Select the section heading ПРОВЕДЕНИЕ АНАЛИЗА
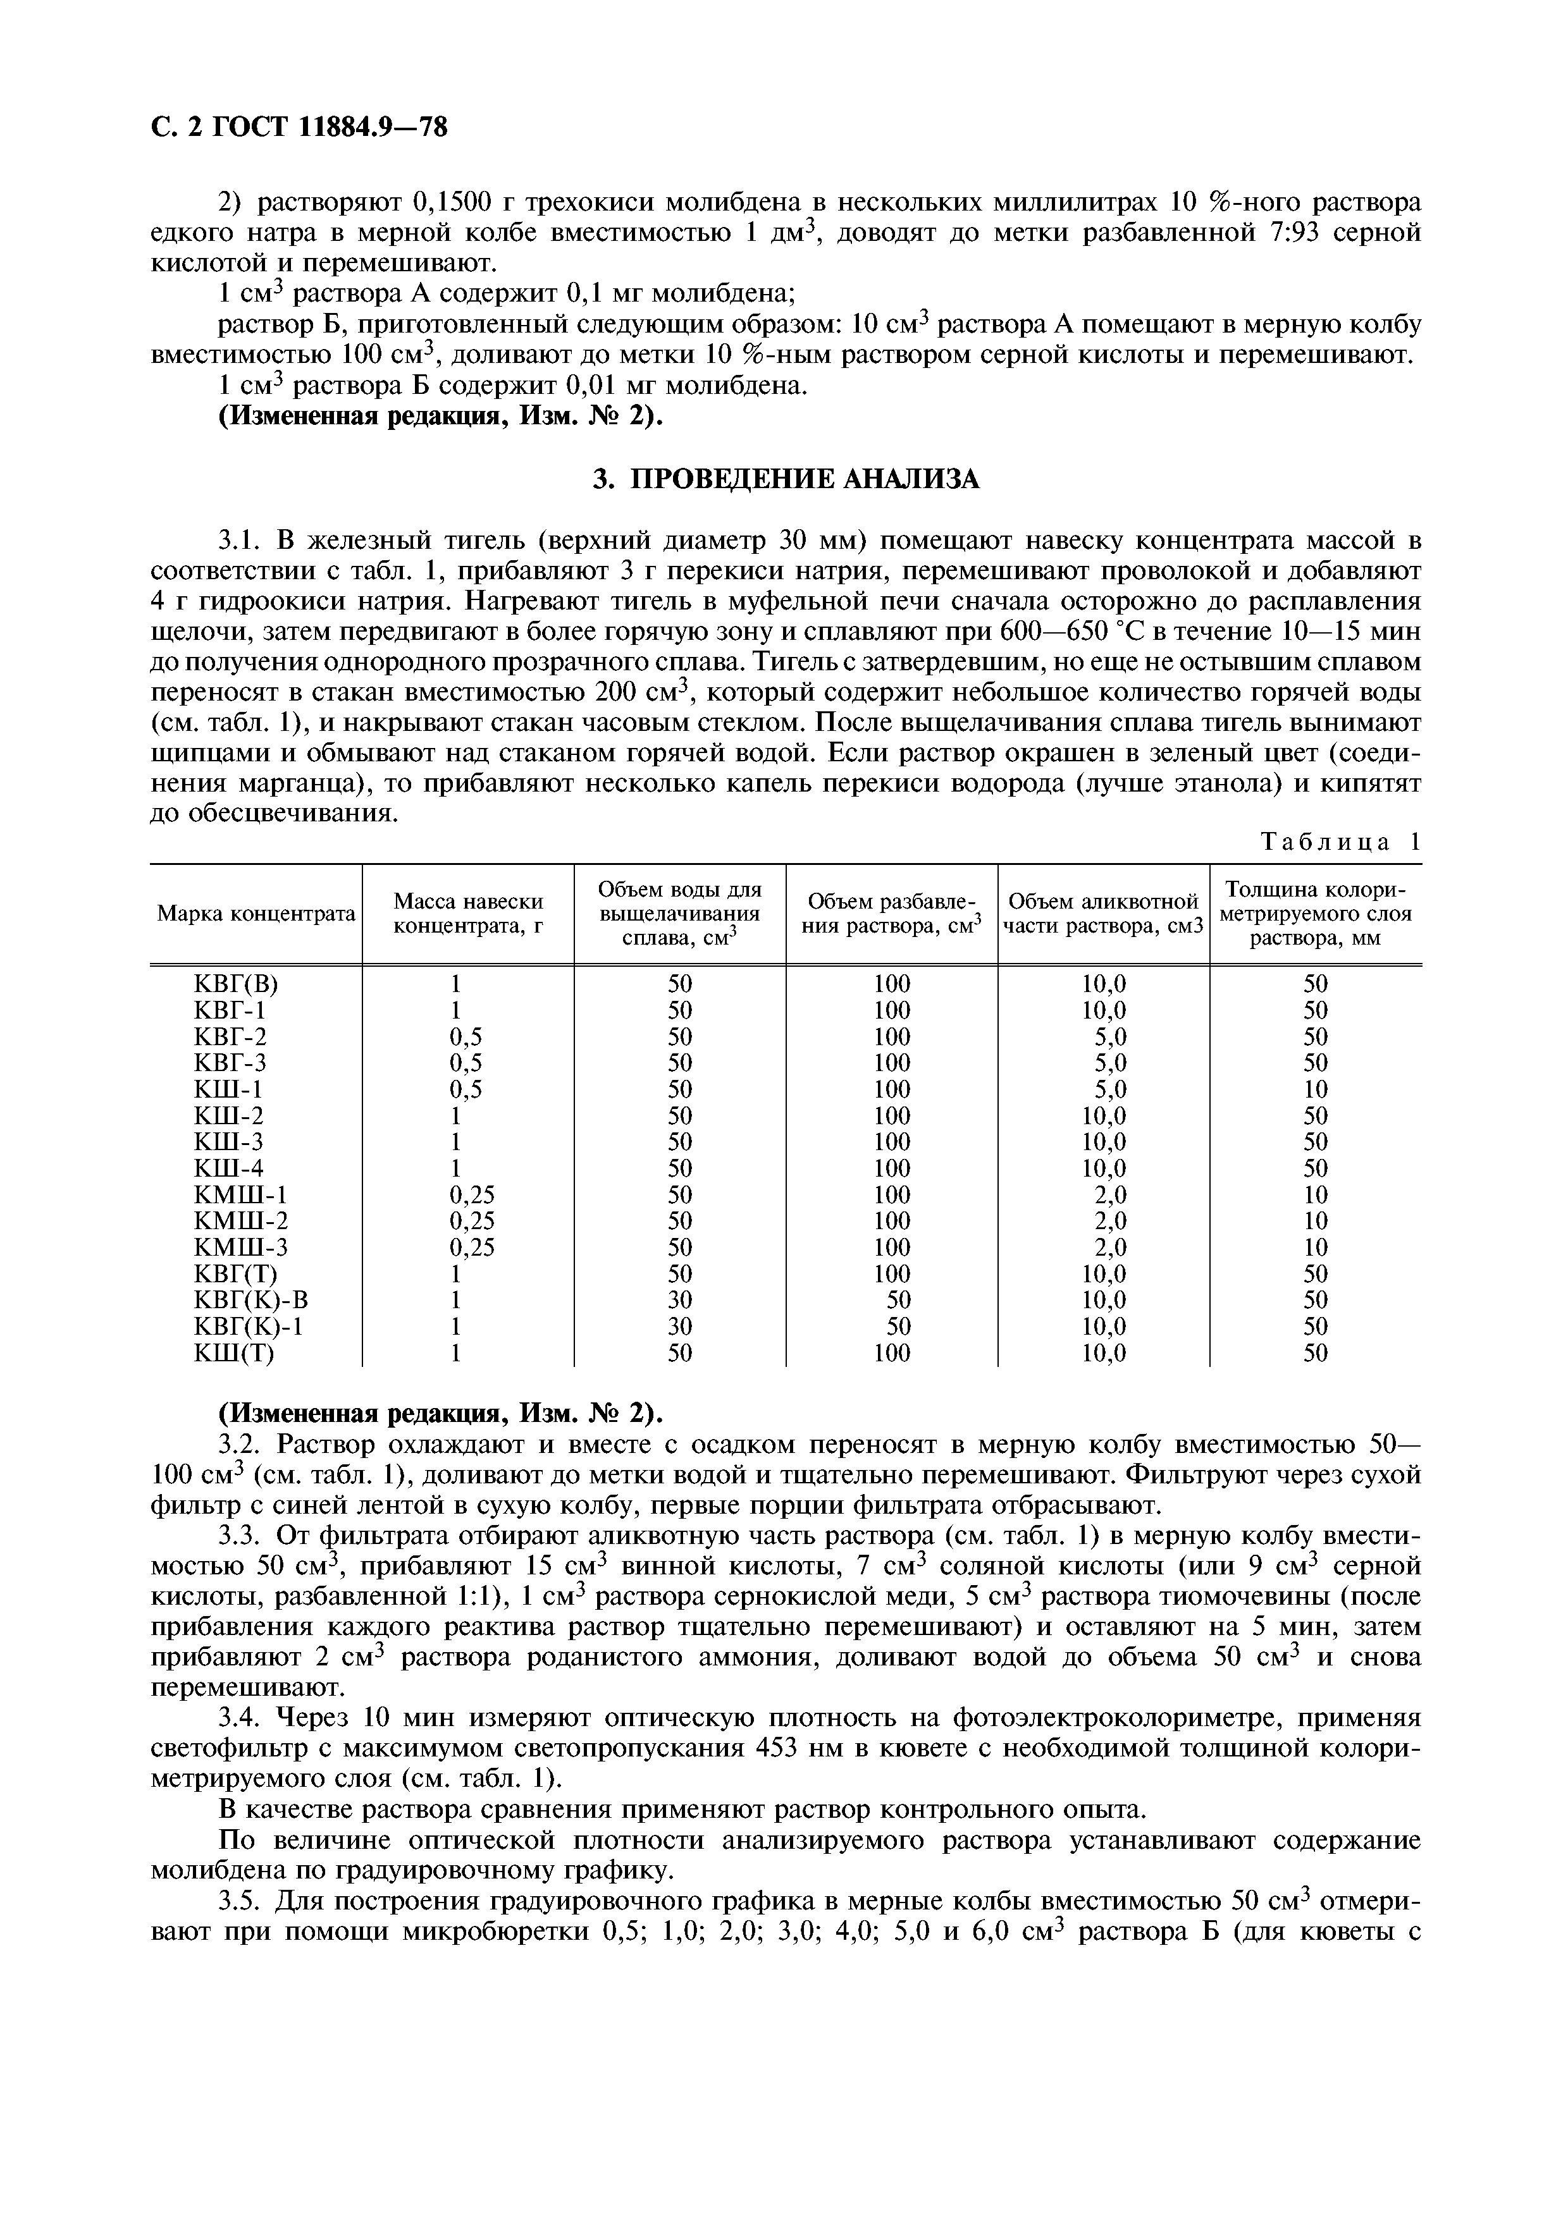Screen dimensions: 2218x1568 pos(784,478)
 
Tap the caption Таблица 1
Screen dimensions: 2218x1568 pos(1341,842)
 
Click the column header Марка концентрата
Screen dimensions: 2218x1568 pos(256,913)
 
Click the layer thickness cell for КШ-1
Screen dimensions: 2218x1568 pos(1315,1089)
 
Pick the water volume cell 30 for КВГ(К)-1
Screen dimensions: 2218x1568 pos(679,1327)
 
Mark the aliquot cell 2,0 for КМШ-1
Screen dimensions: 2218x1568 pos(1110,1195)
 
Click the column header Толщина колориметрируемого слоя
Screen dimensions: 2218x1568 pos(1315,913)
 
